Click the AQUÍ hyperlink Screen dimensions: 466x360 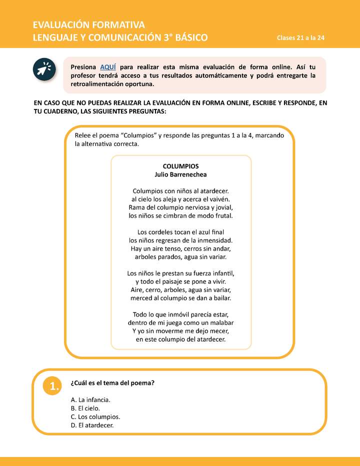[108, 67]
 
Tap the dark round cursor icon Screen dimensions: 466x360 [45, 70]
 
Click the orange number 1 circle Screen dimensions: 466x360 [51, 385]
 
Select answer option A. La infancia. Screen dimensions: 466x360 [90, 400]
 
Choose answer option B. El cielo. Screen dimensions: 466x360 [85, 408]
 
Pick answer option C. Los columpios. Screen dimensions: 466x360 [95, 416]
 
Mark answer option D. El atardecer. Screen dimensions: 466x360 [92, 425]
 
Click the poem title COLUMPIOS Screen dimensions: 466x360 [180, 166]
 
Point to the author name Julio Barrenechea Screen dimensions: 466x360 [180, 174]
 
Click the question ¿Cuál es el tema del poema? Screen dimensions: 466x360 [112, 383]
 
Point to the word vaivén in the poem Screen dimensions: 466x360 [217, 199]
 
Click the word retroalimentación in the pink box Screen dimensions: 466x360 [94, 84]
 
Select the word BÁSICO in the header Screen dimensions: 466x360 [188, 38]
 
